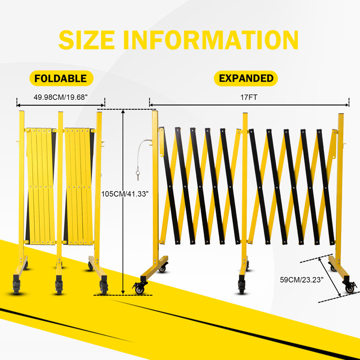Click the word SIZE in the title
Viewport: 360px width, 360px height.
(x=86, y=40)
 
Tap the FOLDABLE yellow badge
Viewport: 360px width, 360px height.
(x=61, y=78)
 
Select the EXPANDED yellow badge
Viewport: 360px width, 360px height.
(x=246, y=78)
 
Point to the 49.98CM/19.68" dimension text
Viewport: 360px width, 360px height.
(x=61, y=97)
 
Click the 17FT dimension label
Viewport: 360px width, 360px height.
(x=249, y=97)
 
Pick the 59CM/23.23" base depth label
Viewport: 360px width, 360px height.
(x=301, y=279)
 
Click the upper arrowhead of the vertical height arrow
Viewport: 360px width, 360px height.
(x=123, y=112)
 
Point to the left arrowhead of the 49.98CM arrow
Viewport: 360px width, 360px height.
(x=19, y=105)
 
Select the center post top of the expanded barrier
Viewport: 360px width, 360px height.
(x=245, y=114)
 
